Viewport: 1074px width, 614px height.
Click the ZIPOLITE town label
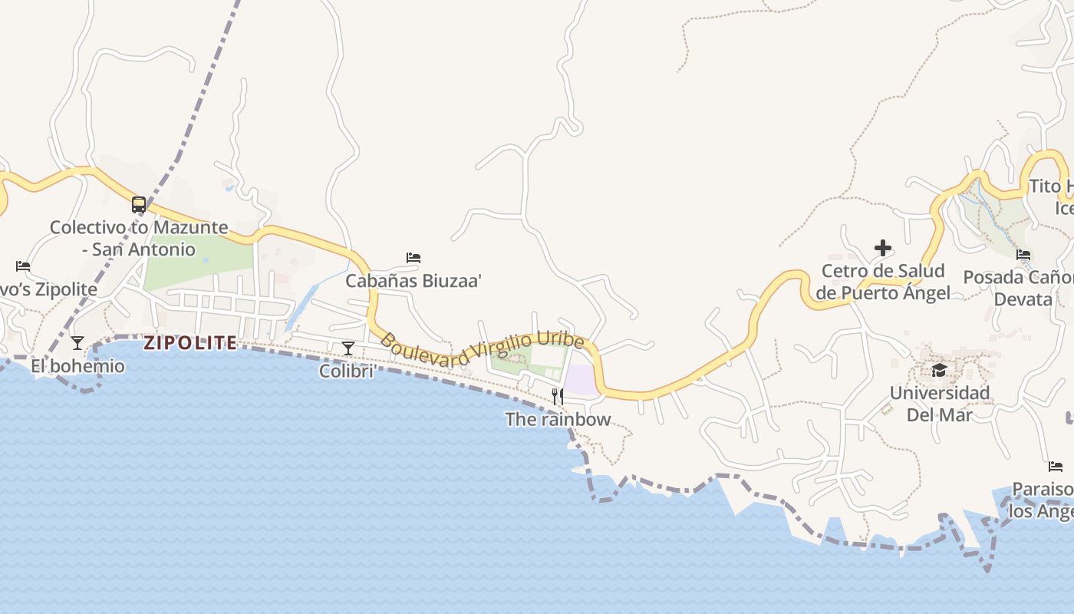[x=190, y=343]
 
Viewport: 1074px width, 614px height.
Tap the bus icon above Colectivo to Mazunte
[x=139, y=205]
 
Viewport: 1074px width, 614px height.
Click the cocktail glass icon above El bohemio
[x=77, y=343]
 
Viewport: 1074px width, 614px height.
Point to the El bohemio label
[x=77, y=366]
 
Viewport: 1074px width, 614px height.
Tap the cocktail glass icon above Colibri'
[x=348, y=348]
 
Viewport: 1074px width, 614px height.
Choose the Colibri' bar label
[x=348, y=371]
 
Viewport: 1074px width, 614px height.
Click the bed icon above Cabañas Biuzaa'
[x=413, y=258]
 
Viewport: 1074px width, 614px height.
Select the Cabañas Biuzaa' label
[x=413, y=281]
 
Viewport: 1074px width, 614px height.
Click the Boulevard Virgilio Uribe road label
[x=482, y=349]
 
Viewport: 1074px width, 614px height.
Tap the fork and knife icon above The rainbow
[x=558, y=397]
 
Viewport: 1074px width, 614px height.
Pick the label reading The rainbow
[x=558, y=419]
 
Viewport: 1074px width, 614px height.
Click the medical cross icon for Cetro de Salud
[x=883, y=248]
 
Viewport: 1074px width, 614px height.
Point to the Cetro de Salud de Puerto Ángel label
[x=883, y=282]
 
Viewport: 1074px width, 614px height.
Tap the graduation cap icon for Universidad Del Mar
[x=939, y=371]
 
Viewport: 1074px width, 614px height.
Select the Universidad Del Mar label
[x=940, y=404]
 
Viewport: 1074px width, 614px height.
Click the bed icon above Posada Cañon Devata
[x=1023, y=255]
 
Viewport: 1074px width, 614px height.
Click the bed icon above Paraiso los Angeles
[x=1056, y=467]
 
